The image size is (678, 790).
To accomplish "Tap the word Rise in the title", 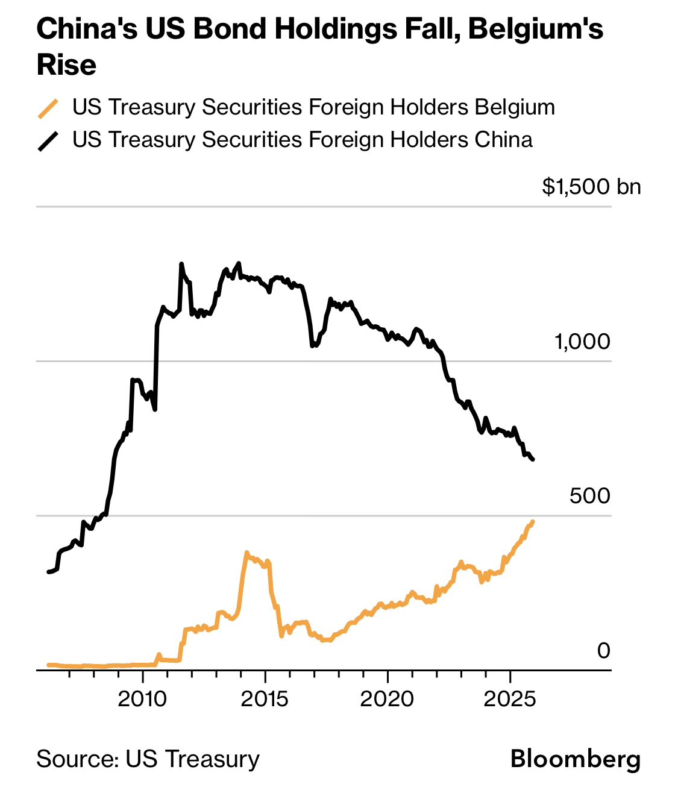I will [66, 65].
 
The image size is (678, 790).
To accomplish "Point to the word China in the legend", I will [503, 140].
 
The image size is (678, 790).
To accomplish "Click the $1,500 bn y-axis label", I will [591, 187].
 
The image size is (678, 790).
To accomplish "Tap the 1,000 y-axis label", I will [582, 342].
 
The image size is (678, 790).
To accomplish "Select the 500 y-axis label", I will [589, 496].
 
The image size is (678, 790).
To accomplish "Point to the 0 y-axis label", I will [603, 651].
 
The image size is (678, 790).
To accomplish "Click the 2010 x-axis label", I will [143, 699].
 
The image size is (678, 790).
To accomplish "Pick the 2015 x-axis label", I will [265, 699].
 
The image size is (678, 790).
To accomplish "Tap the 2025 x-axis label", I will [510, 699].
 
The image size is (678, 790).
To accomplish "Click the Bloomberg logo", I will [576, 759].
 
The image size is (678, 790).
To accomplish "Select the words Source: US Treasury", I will [148, 759].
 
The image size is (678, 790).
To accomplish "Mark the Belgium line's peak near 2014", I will [247, 552].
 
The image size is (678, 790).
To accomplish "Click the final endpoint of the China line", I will [533, 460].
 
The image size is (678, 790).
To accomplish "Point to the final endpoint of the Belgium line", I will [533, 521].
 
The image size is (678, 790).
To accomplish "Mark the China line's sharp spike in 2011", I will [181, 264].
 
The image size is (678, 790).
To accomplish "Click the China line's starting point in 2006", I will [48, 572].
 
